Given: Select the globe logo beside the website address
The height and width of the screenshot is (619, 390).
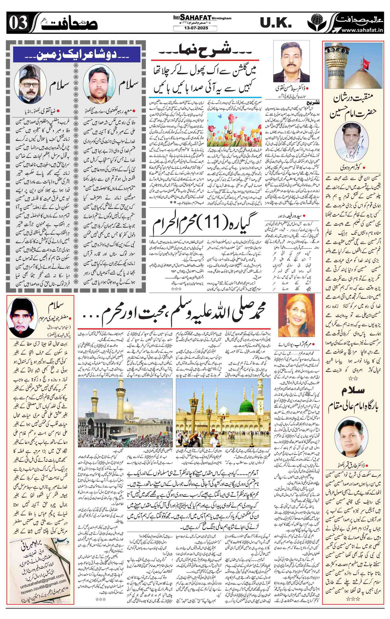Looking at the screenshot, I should [x=315, y=23].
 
